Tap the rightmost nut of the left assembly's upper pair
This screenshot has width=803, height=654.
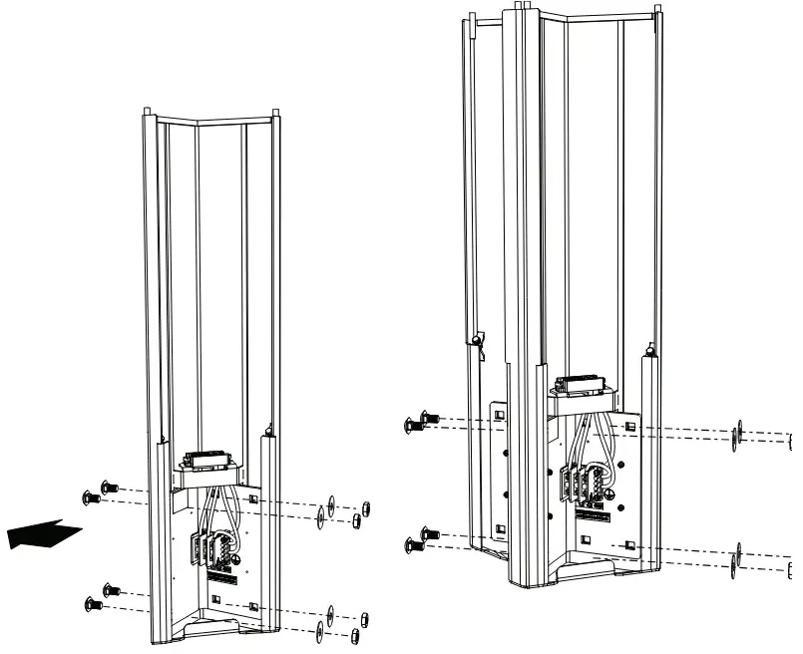click(366, 506)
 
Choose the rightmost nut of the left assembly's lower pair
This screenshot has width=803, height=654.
click(366, 617)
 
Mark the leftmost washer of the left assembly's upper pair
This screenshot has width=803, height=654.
click(319, 515)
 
